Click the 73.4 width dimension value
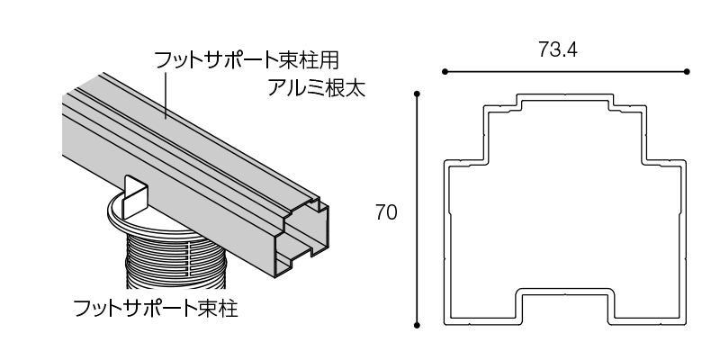pyautogui.click(x=558, y=50)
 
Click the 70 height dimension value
pyautogui.click(x=386, y=212)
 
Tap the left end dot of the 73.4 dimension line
pyautogui.click(x=444, y=71)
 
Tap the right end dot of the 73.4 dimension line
pyautogui.click(x=687, y=71)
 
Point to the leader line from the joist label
pyautogui.click(x=167, y=94)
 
